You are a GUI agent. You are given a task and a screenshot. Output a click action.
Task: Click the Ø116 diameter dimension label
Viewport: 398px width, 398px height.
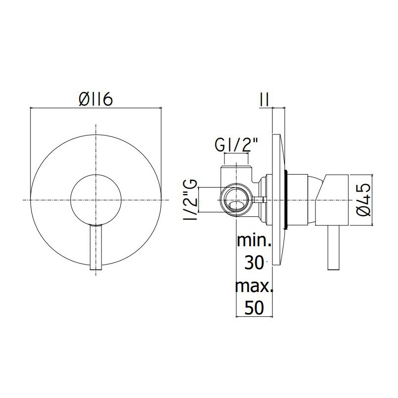[96, 99]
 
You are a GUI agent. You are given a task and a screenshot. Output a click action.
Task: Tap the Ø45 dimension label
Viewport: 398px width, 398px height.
[364, 200]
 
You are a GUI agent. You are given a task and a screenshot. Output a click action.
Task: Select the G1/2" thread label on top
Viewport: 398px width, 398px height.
[236, 145]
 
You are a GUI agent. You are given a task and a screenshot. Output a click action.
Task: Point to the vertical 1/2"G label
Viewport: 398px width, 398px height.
[191, 200]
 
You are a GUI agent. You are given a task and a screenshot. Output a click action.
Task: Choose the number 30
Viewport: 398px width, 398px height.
[254, 263]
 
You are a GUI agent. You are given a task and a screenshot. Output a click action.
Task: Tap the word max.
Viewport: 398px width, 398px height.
[254, 286]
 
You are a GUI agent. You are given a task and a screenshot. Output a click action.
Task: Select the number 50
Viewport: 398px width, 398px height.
[254, 307]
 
